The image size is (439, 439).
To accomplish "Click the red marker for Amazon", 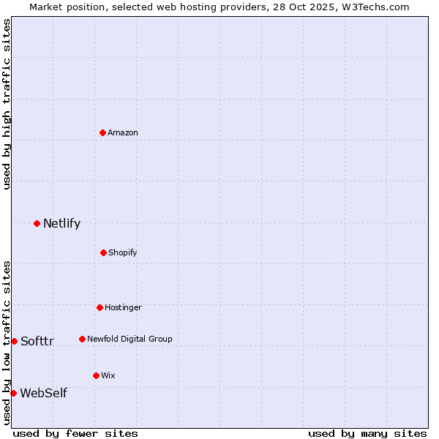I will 102,132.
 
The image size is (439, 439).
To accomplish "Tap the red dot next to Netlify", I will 37,223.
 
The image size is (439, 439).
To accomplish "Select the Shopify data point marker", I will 103,252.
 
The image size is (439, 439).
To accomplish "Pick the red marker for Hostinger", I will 100,307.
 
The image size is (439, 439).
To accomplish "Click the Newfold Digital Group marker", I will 82,339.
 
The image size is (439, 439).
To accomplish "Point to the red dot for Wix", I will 96,375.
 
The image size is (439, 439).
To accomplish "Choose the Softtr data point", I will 14,341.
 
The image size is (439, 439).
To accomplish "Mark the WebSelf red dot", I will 13,393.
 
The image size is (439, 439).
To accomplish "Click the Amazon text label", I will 123,132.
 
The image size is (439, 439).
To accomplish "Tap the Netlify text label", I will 61,223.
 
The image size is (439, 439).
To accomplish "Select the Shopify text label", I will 123,252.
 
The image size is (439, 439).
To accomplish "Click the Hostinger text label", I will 123,307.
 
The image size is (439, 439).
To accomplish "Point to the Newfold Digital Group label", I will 130,339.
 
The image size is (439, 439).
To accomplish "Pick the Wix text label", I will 108,375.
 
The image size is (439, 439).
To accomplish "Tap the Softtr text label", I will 37,341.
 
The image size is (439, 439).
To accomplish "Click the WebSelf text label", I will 43,393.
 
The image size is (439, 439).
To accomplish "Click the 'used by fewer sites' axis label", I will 75,433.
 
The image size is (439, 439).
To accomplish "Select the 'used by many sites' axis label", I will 367,433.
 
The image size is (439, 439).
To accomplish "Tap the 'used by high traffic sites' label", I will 7,104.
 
